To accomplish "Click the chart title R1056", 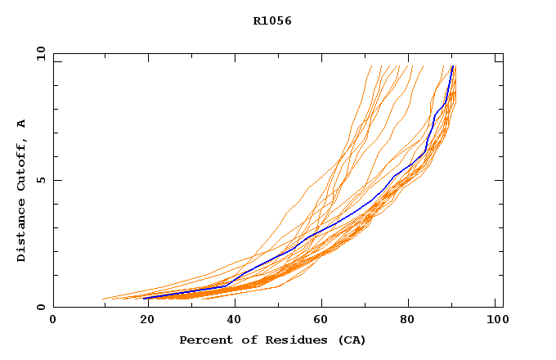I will click(x=272, y=21).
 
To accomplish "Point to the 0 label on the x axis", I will click(x=53, y=321).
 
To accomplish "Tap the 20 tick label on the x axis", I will click(x=142, y=321).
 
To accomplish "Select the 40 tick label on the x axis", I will click(x=231, y=321).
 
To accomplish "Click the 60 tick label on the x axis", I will click(x=319, y=321).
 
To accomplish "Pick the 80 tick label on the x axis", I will click(x=408, y=321).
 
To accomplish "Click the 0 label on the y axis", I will click(x=39, y=307).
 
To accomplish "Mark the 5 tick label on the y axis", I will click(x=39, y=180).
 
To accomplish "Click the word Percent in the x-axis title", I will click(x=204, y=340).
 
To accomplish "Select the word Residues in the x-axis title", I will click(x=288, y=340).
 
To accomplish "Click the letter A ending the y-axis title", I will click(x=21, y=124).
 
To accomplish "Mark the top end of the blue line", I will click(x=453, y=66).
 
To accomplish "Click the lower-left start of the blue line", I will click(x=146, y=298).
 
